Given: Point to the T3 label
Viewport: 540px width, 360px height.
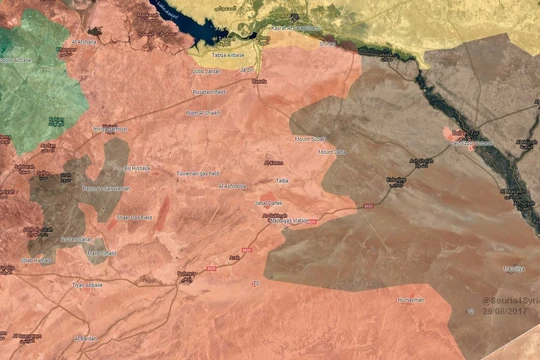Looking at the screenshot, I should (256, 284).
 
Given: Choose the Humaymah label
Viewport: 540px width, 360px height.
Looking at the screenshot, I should (411, 300).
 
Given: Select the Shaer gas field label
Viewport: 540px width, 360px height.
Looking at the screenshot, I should (134, 217).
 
